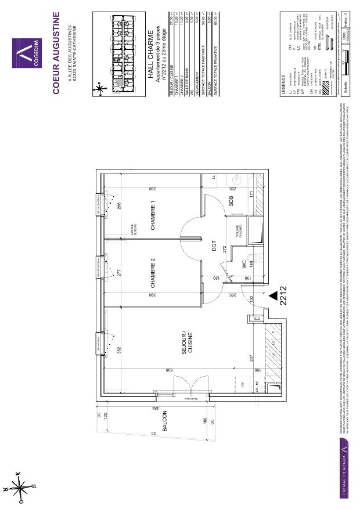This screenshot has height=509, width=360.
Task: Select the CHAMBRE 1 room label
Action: pos(154,216)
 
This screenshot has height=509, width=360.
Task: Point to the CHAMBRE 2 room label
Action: pos(154,274)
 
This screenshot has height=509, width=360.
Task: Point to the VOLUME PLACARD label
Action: pos(238,232)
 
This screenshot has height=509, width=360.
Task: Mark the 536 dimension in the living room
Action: pos(169,369)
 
